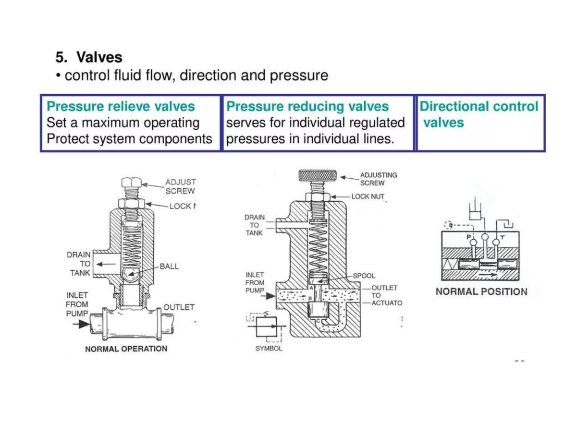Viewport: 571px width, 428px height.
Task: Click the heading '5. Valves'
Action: click(89, 57)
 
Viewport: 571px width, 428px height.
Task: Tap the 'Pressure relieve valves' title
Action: click(120, 106)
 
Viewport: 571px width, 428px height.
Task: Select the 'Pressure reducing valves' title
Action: click(307, 106)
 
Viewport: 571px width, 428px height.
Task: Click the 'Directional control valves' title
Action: click(478, 114)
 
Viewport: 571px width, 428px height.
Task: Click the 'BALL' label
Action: click(169, 266)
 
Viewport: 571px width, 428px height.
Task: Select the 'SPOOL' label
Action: click(364, 276)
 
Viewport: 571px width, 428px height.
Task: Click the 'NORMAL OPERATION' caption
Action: click(126, 349)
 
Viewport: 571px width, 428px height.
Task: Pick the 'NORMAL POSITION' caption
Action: click(482, 292)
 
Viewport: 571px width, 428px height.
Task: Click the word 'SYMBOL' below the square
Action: click(269, 349)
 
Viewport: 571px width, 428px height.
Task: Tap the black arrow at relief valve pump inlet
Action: click(83, 324)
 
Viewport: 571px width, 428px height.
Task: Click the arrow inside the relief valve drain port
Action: click(106, 264)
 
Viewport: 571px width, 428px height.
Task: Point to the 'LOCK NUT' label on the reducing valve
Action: click(368, 197)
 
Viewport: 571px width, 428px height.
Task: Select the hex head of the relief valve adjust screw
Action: click(132, 183)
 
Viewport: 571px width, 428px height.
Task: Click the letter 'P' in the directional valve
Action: click(469, 237)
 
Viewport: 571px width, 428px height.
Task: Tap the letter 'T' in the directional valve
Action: click(502, 237)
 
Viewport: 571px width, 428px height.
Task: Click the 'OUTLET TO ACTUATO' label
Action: click(386, 295)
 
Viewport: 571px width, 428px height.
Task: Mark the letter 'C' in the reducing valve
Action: click(318, 321)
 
